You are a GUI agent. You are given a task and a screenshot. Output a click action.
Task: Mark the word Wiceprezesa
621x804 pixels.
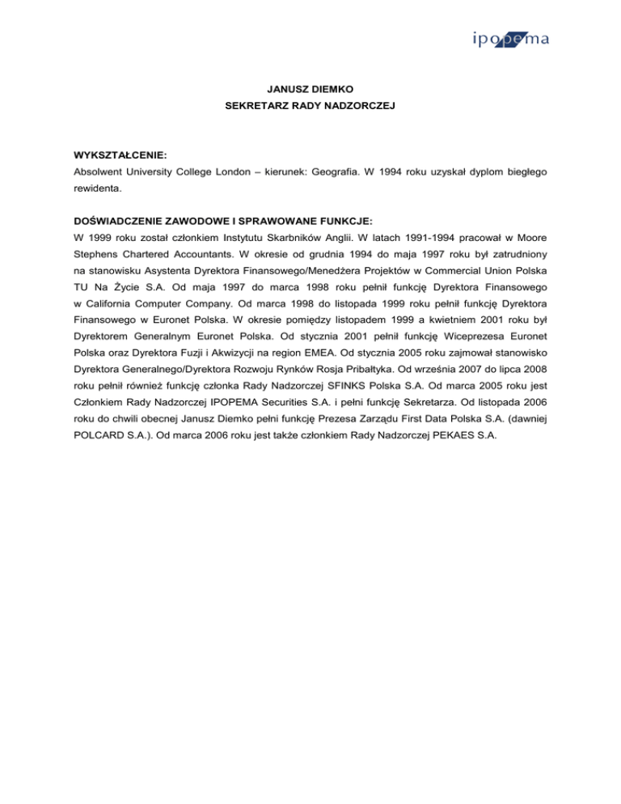pyautogui.click(x=483, y=379)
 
